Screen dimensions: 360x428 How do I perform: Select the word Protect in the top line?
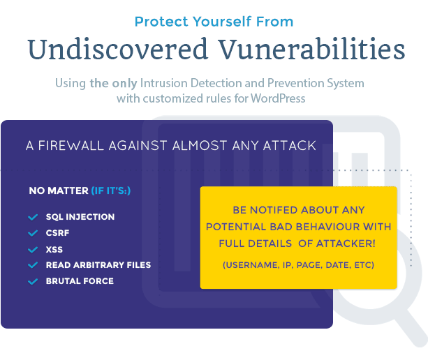tap(159, 22)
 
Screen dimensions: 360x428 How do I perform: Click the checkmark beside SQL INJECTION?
tap(32, 217)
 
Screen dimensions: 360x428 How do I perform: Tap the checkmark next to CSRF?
tap(32, 233)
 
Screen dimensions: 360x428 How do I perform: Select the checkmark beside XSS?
tap(32, 249)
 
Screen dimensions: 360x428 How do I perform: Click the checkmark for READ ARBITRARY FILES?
tap(32, 265)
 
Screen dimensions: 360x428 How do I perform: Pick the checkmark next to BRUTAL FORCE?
tap(32, 281)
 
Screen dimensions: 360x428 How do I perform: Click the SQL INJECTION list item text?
tap(80, 217)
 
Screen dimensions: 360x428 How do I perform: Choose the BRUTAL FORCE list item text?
tap(80, 281)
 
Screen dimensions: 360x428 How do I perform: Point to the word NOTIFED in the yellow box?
tap(273, 210)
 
